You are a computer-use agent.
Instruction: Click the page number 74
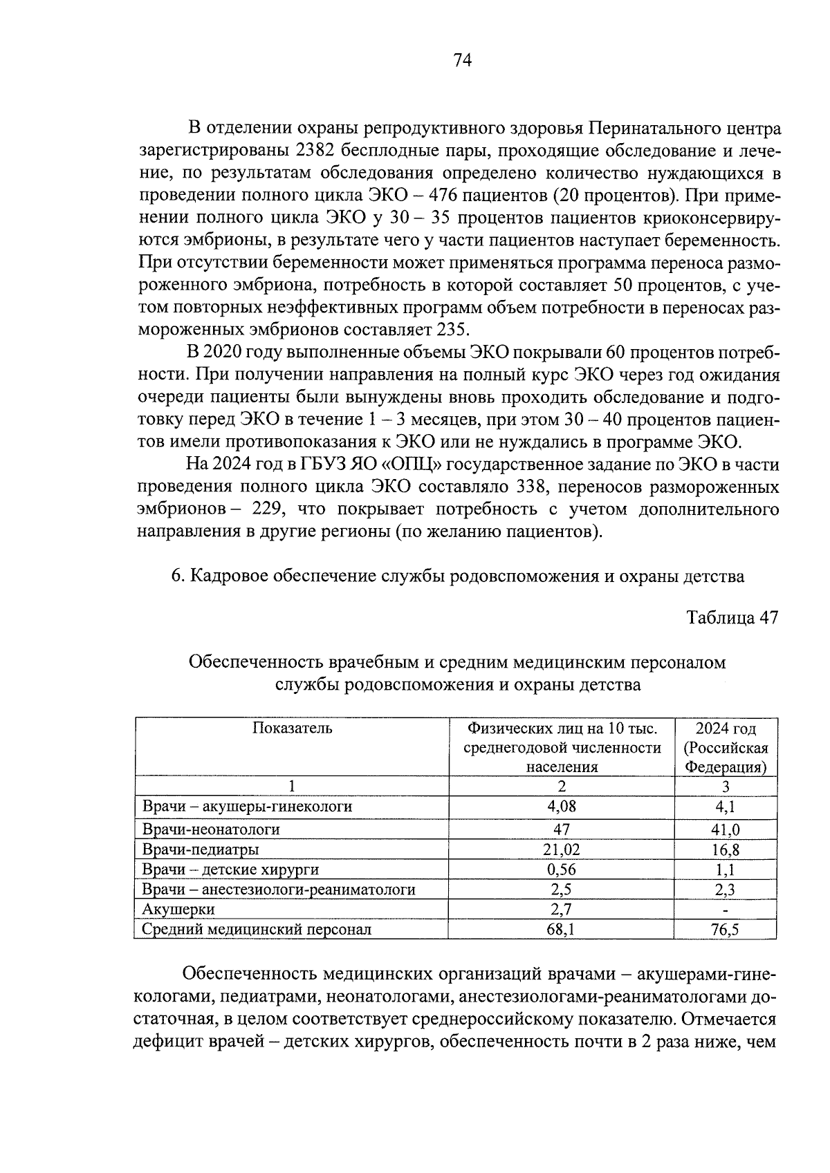coord(462,61)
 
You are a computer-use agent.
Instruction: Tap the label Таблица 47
coord(732,617)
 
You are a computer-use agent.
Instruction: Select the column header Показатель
coord(292,728)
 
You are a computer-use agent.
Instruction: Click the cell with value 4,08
coord(561,806)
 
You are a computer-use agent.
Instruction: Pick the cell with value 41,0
coord(726,829)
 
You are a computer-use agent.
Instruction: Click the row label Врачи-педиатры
coord(201,850)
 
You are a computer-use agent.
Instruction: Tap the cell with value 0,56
coord(561,870)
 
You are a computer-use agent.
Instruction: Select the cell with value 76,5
coord(726,930)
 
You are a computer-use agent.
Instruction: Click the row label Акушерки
coord(178,909)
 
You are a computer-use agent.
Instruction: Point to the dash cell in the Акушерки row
coord(726,910)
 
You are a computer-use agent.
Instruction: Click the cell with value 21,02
coord(561,850)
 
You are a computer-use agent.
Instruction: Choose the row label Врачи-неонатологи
coord(211,829)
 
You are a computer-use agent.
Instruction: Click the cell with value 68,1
coord(561,930)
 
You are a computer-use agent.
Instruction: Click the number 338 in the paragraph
coord(533,487)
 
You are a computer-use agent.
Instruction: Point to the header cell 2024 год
coord(726,728)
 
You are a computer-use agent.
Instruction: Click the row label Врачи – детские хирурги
coord(230,870)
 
